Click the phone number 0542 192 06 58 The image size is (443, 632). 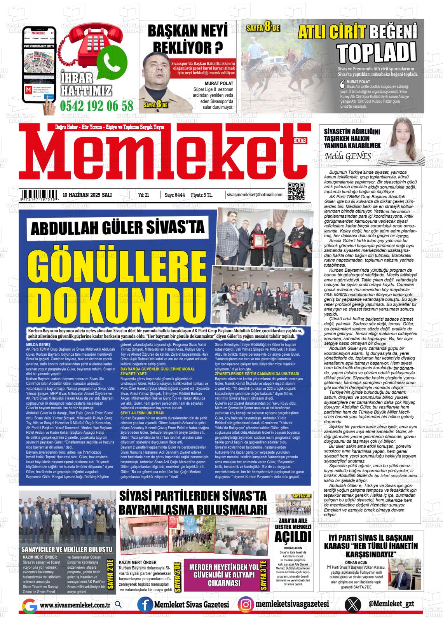point(97,105)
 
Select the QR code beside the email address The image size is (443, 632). point(296,191)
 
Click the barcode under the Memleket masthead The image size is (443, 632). point(40,195)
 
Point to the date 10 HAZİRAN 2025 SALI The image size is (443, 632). point(87,195)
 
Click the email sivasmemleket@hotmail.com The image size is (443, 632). point(255,195)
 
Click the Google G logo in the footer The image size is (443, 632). point(30,605)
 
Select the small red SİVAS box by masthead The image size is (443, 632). point(300,140)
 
